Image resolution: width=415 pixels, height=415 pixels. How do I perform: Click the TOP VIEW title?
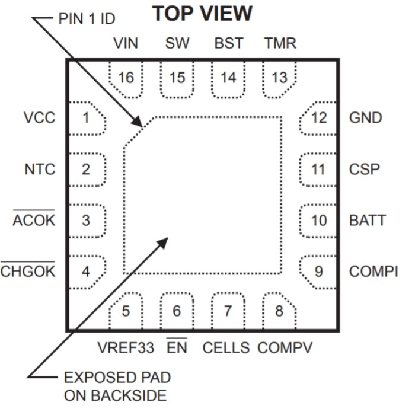pos(203,14)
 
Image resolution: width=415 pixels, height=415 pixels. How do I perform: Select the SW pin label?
pos(177,43)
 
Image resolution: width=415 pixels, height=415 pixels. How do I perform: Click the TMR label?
pos(279,43)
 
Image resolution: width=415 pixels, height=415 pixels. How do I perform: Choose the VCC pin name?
pos(40,117)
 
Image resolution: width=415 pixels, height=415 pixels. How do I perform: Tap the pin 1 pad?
pos(87,117)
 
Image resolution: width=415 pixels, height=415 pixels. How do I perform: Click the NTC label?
pos(40,169)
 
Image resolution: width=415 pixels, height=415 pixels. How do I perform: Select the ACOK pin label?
pos(34,221)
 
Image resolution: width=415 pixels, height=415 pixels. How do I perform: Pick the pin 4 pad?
pos(87,272)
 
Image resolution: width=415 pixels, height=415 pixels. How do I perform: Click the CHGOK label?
pos(28,272)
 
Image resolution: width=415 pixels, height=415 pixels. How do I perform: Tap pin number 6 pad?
pos(177,311)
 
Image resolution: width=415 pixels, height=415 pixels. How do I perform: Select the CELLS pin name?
pos(226,347)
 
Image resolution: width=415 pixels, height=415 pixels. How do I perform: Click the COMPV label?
pos(285,347)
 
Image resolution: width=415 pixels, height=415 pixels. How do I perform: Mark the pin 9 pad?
pos(318,272)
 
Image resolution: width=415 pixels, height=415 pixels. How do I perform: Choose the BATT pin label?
pos(368,221)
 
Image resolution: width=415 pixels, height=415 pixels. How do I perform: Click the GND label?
pos(366,117)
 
